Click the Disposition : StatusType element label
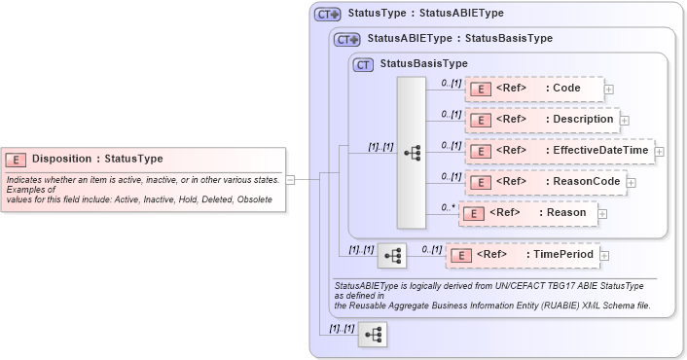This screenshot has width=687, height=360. click(x=97, y=159)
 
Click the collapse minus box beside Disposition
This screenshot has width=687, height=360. click(x=290, y=179)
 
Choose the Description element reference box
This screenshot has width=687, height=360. click(x=541, y=120)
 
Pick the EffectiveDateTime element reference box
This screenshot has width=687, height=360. click(x=559, y=151)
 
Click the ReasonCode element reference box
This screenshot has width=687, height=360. click(x=545, y=181)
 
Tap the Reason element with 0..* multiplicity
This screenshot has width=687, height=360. click(x=527, y=212)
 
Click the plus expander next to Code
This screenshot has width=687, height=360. click(x=609, y=89)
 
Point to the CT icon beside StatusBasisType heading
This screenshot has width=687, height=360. click(x=364, y=64)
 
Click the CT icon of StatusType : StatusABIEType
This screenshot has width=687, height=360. click(x=327, y=15)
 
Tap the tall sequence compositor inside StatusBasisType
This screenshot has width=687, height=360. click(x=412, y=153)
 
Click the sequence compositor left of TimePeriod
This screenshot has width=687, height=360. click(x=391, y=255)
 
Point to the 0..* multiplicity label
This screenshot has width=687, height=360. click(x=449, y=206)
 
